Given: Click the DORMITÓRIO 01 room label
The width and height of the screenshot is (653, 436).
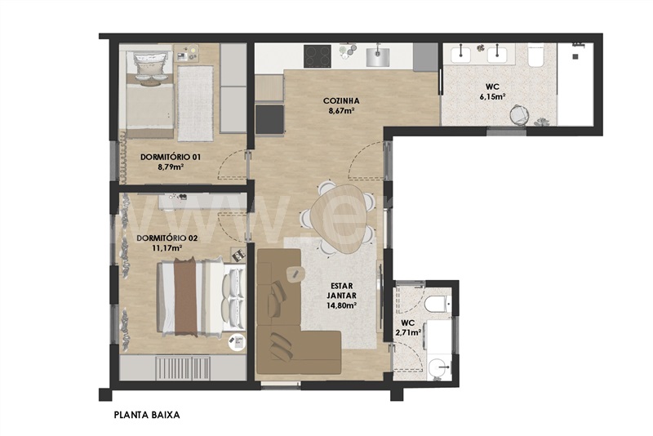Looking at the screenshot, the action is click(x=171, y=157).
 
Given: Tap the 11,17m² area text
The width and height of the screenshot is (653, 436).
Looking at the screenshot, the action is click(x=168, y=248).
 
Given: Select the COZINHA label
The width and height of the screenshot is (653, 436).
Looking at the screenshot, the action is click(x=341, y=100).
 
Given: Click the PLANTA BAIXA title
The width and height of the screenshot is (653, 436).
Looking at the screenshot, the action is click(x=147, y=415).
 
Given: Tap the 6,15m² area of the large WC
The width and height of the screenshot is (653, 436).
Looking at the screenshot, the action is click(x=492, y=96).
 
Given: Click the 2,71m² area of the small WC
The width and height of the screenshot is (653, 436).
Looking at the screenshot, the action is click(x=407, y=331).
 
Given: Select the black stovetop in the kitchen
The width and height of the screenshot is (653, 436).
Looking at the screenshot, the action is click(x=318, y=56).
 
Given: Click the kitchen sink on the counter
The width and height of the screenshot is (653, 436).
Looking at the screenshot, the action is click(x=378, y=57).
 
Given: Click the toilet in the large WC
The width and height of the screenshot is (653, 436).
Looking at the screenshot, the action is click(x=535, y=57).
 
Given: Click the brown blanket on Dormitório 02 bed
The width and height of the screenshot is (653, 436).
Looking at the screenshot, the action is click(x=185, y=296).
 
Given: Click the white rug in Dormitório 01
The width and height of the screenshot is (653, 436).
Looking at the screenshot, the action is click(x=195, y=103).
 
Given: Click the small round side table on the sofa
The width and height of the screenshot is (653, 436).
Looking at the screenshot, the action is click(x=295, y=274).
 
